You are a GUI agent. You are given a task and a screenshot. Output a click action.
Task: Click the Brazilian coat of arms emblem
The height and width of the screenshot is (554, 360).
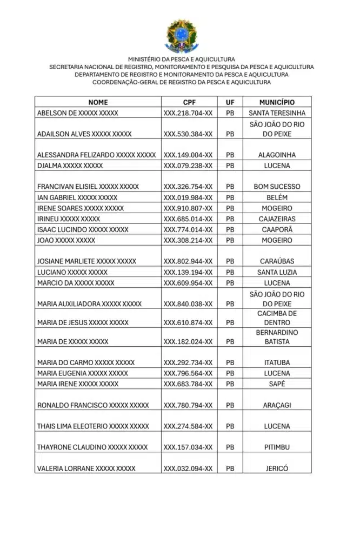pyautogui.click(x=182, y=35)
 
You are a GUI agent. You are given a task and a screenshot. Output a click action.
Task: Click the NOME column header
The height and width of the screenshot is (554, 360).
pyautogui.click(x=98, y=102)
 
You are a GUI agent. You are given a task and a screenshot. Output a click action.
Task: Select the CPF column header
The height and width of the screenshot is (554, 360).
pyautogui.click(x=189, y=102)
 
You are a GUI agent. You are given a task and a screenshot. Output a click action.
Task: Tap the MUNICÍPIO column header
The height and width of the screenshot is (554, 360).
pyautogui.click(x=277, y=102)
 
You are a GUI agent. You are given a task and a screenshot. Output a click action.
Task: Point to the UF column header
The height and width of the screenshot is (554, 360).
pyautogui.click(x=230, y=102)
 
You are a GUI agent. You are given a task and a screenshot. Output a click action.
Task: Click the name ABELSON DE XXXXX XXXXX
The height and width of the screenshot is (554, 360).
pyautogui.click(x=78, y=113)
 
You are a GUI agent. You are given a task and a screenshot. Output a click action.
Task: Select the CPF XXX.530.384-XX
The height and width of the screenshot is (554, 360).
pyautogui.click(x=188, y=134)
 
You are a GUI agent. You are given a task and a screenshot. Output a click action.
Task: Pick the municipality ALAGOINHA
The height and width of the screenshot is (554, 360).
pyautogui.click(x=277, y=155)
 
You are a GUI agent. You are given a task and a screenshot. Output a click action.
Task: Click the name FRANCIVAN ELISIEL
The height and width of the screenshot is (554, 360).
pyautogui.click(x=88, y=187)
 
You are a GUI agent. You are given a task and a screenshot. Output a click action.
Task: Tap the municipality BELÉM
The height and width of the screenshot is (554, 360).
pyautogui.click(x=277, y=197)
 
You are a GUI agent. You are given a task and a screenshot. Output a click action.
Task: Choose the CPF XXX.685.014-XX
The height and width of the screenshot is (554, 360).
pyautogui.click(x=188, y=219)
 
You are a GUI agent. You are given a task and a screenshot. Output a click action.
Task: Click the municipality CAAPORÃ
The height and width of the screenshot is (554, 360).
pyautogui.click(x=277, y=230)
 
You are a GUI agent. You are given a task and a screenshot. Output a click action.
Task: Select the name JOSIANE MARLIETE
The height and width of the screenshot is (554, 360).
pyautogui.click(x=86, y=261)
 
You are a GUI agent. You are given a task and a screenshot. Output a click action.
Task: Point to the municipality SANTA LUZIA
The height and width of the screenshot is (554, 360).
pyautogui.click(x=277, y=272)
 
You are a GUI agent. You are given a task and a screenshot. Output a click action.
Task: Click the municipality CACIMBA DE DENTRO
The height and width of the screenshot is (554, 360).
pyautogui.click(x=277, y=318)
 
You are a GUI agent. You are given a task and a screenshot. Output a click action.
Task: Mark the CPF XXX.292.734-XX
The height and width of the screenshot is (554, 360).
pyautogui.click(x=188, y=362)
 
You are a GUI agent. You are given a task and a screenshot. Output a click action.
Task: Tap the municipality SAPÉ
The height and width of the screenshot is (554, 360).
pyautogui.click(x=277, y=384)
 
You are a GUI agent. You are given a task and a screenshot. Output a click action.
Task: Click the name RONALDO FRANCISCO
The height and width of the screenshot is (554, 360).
pyautogui.click(x=93, y=405)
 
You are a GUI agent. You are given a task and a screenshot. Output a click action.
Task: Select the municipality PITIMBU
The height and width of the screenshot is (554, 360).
pyautogui.click(x=277, y=447)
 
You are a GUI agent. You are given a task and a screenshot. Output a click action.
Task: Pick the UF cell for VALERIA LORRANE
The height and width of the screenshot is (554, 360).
pyautogui.click(x=230, y=469)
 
